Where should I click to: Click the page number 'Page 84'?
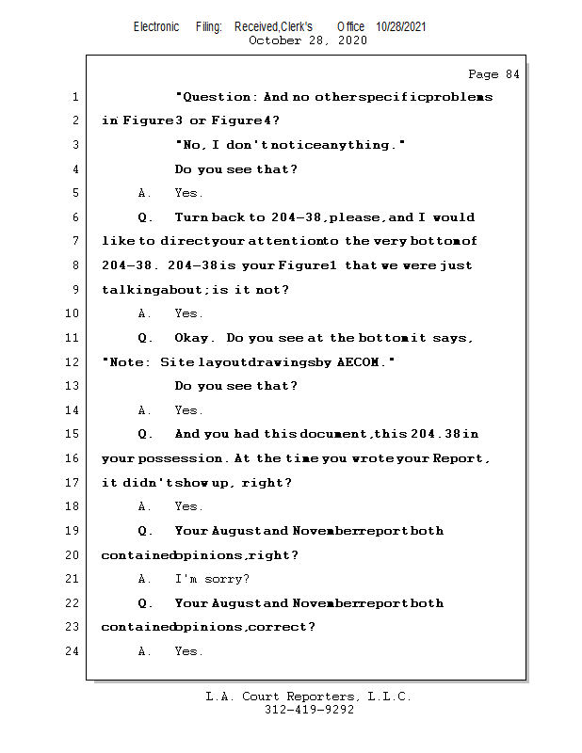[x=493, y=74]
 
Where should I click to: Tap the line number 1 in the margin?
[x=73, y=97]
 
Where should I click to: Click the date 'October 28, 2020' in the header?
[x=307, y=40]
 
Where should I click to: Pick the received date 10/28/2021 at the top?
[x=400, y=27]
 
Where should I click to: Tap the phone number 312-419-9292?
[x=309, y=711]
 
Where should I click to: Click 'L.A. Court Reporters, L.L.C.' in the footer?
[x=309, y=697]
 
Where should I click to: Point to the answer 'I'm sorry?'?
[x=212, y=579]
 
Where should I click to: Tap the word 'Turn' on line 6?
[x=191, y=217]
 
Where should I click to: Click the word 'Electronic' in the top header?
[x=156, y=27]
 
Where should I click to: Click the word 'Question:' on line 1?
[x=218, y=97]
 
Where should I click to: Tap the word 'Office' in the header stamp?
[x=351, y=27]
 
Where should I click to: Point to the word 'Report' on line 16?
[x=459, y=458]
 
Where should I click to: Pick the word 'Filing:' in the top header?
[x=209, y=27]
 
